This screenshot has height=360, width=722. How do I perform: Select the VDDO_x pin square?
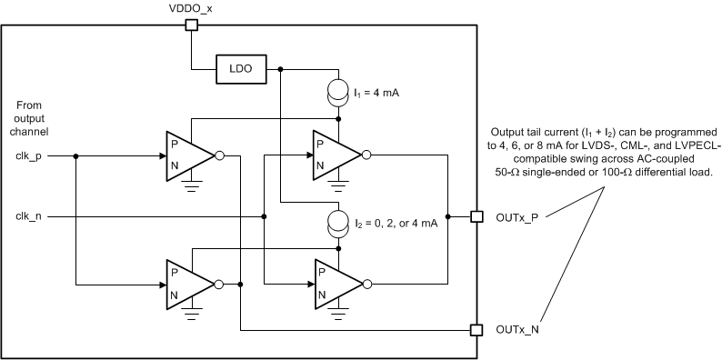[x=191, y=25]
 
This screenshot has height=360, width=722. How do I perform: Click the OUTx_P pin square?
[x=475, y=216]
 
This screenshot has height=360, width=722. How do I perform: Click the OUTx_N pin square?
[x=475, y=329]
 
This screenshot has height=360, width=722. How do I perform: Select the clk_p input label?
[x=28, y=155]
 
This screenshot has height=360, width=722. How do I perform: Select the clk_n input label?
[x=28, y=215]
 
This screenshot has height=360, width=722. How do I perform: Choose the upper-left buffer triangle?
[x=186, y=155]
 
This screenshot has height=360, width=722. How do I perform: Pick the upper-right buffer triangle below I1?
[x=333, y=155]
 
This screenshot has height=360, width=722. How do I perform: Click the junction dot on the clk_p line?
[x=75, y=155]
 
